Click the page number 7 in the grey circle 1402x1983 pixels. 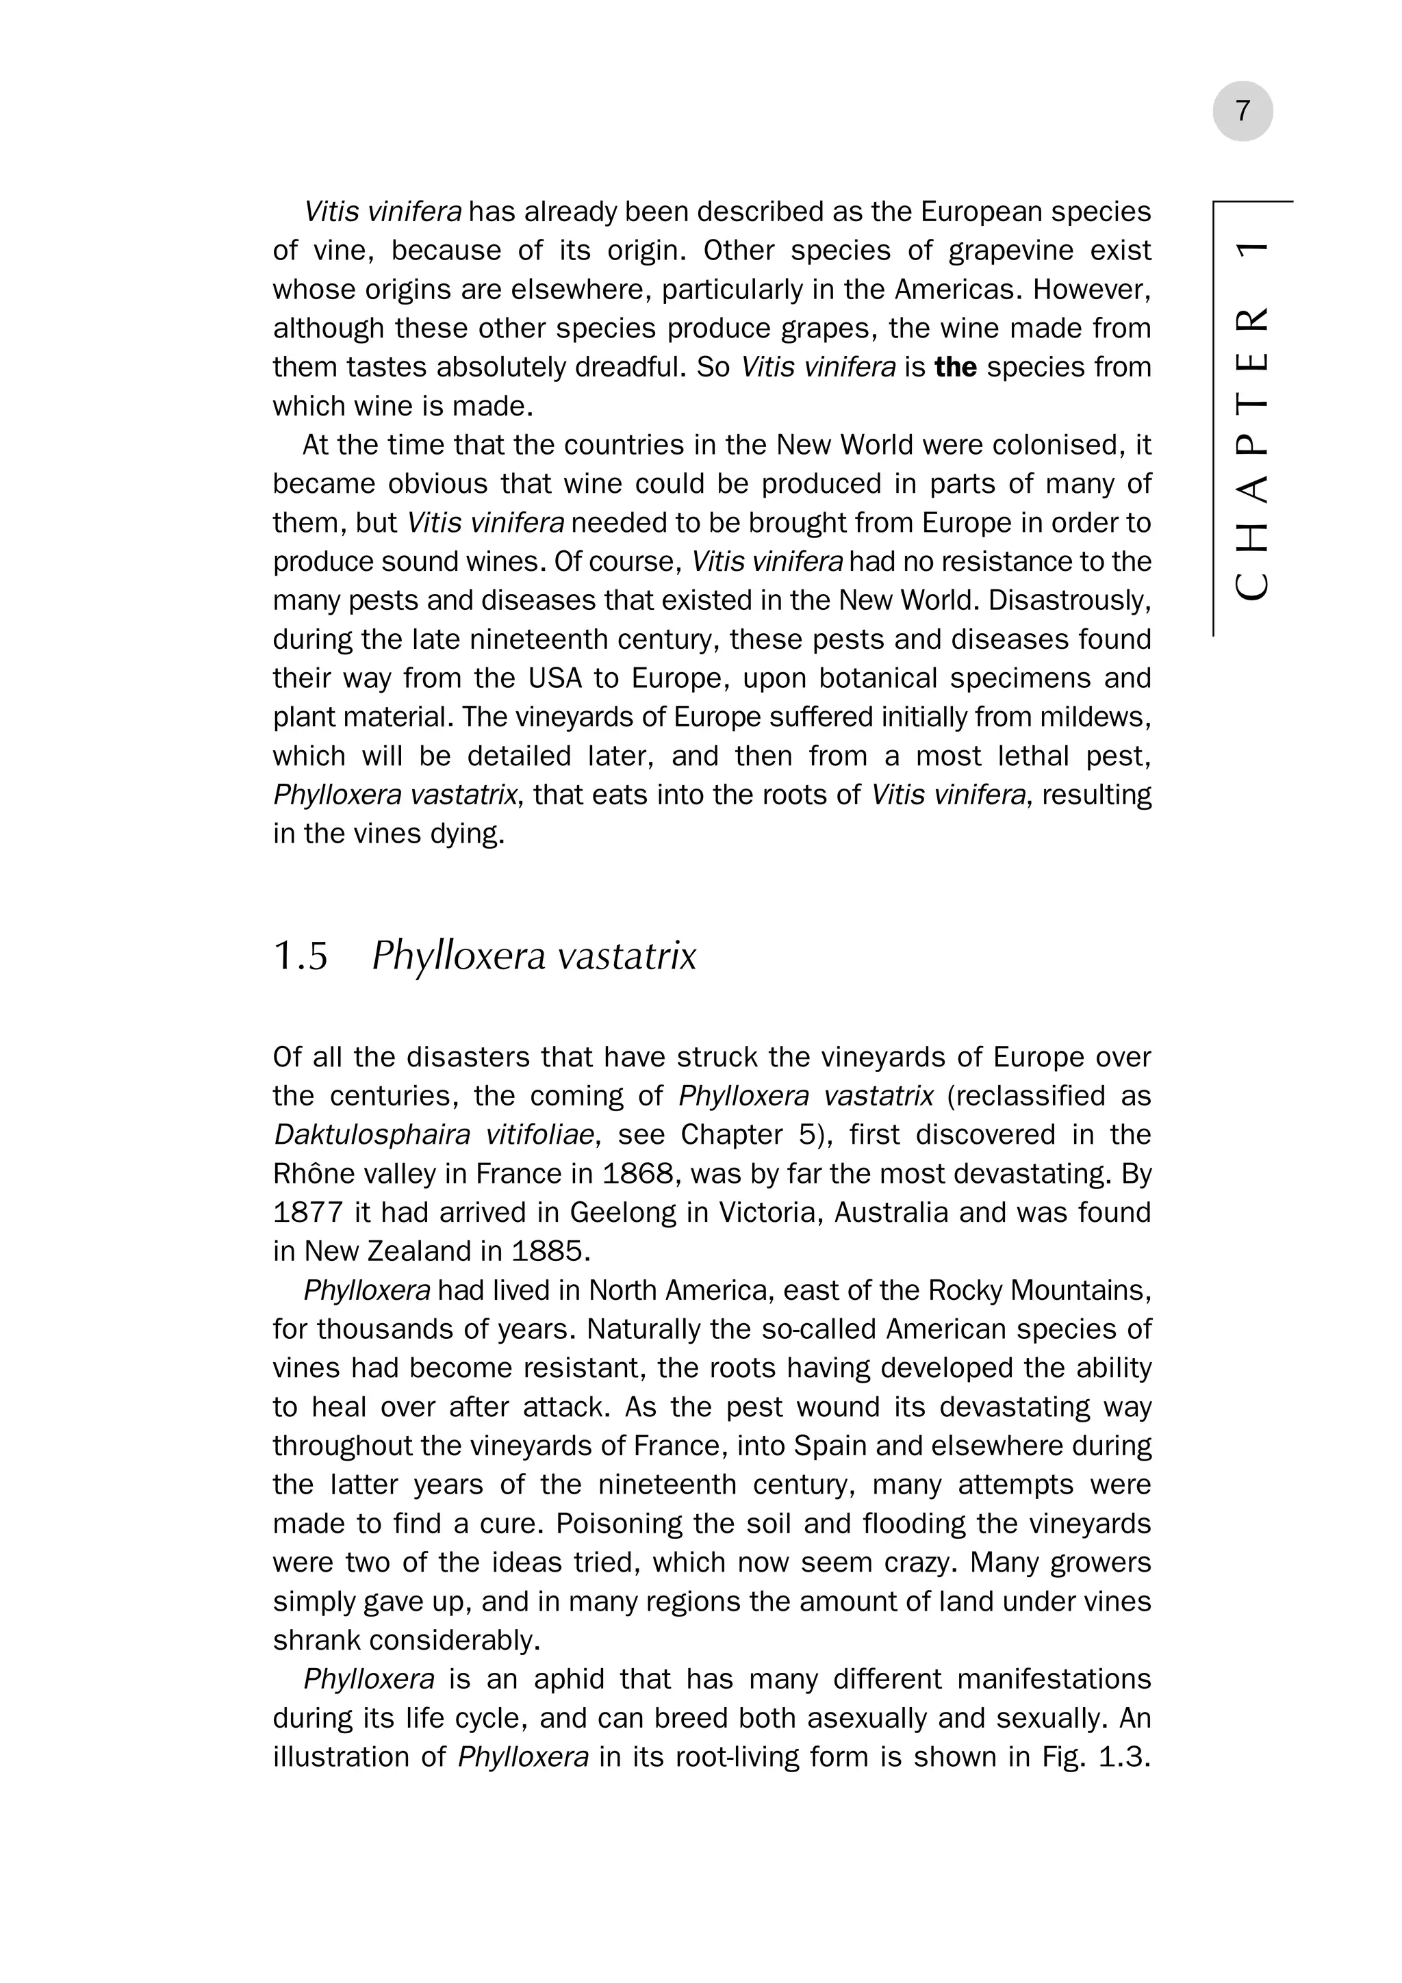click(1242, 112)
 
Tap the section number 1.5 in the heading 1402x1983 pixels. click(301, 956)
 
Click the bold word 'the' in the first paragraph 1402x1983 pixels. click(956, 367)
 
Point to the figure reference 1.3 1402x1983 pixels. click(1124, 1758)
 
